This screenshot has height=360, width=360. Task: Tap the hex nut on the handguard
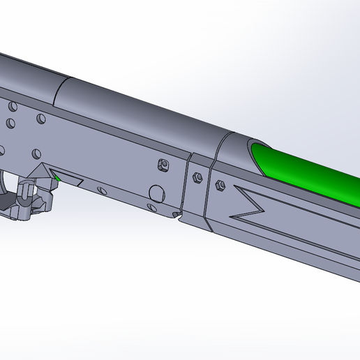pos(220,185)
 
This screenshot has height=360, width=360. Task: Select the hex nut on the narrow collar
pos(197,177)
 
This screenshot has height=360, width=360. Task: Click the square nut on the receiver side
pos(163,165)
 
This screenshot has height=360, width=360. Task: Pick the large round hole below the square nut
pos(157,193)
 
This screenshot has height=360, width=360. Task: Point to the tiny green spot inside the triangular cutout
pos(58,178)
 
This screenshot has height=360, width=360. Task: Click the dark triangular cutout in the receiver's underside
pos(70,179)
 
